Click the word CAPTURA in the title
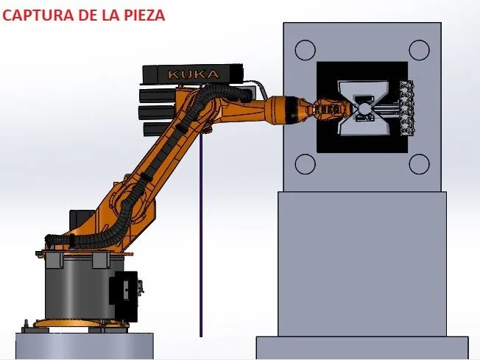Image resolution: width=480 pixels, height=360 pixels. pyautogui.click(x=38, y=15)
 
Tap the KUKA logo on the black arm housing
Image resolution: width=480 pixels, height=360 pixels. pyautogui.click(x=194, y=74)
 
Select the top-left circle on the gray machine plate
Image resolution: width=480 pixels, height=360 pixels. pyautogui.click(x=306, y=50)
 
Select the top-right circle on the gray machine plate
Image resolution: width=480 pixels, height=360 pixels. pyautogui.click(x=419, y=50)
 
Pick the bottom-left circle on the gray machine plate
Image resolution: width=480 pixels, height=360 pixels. pyautogui.click(x=306, y=164)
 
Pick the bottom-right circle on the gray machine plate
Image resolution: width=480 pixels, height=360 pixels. pyautogui.click(x=419, y=164)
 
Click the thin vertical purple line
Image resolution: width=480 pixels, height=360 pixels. pyautogui.click(x=201, y=236)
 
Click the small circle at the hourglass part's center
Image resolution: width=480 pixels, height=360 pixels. pyautogui.click(x=364, y=108)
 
